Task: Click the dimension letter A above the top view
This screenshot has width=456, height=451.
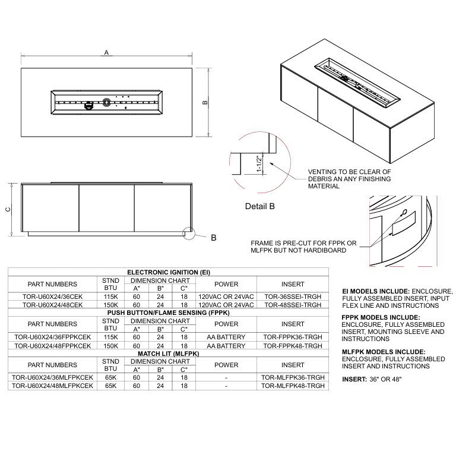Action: [x=106, y=53]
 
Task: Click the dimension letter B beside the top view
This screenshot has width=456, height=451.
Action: [x=205, y=102]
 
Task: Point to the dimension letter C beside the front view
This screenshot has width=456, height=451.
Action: [x=7, y=209]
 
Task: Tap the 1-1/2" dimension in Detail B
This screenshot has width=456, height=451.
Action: [x=259, y=164]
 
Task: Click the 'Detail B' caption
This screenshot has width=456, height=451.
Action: [x=259, y=207]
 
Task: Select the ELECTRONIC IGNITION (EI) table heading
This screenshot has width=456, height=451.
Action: [x=169, y=272]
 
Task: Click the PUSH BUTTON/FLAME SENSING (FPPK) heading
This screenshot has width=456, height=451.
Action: [x=169, y=311]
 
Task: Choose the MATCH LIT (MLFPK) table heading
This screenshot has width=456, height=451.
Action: [x=169, y=354]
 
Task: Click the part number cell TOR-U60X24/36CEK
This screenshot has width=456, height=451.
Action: [x=52, y=297]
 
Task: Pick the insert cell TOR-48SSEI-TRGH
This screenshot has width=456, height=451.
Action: [x=293, y=304]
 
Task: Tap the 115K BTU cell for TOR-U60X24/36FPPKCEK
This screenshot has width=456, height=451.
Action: [x=110, y=337]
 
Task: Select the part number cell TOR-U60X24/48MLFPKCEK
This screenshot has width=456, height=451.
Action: [x=52, y=386]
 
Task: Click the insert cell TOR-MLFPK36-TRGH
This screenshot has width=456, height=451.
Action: [x=293, y=377]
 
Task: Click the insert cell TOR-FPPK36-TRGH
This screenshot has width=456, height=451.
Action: [x=293, y=337]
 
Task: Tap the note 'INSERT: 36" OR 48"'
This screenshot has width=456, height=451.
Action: [x=372, y=379]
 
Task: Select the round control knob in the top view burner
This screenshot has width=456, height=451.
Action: [x=106, y=102]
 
